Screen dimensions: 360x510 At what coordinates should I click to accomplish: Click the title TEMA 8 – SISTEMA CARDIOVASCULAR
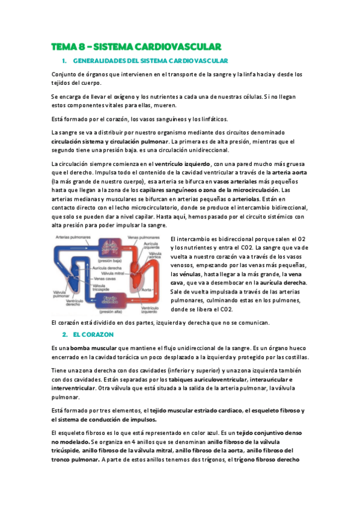pyautogui.click(x=136, y=46)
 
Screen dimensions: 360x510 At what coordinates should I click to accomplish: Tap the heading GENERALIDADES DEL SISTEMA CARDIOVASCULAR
pyautogui.click(x=150, y=61)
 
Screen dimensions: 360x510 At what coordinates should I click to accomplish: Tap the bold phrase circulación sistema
pyautogui.click(x=81, y=140)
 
